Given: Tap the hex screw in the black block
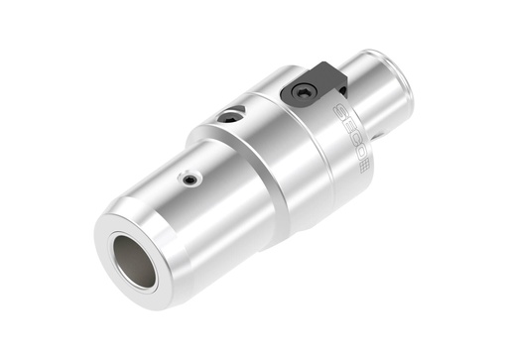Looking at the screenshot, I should click(302, 93).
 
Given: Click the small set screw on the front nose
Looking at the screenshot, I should click(188, 179).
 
